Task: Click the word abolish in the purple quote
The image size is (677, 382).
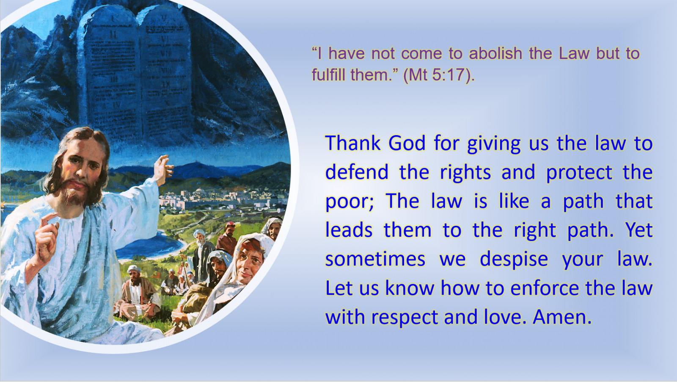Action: [495, 53]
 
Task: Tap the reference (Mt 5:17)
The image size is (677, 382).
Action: [439, 75]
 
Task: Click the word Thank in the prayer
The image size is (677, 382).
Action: [353, 143]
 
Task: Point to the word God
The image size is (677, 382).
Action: [407, 143]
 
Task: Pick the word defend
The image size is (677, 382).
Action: [357, 172]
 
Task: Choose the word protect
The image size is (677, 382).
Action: [579, 172]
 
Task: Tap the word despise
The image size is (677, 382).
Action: [514, 260]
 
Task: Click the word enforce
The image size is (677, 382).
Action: [545, 288]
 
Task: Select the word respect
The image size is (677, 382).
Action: [405, 318]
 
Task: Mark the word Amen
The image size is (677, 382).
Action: [562, 317]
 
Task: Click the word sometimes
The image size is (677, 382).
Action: [375, 260]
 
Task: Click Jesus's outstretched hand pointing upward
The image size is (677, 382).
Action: [164, 167]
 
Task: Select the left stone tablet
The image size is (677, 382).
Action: [110, 76]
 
